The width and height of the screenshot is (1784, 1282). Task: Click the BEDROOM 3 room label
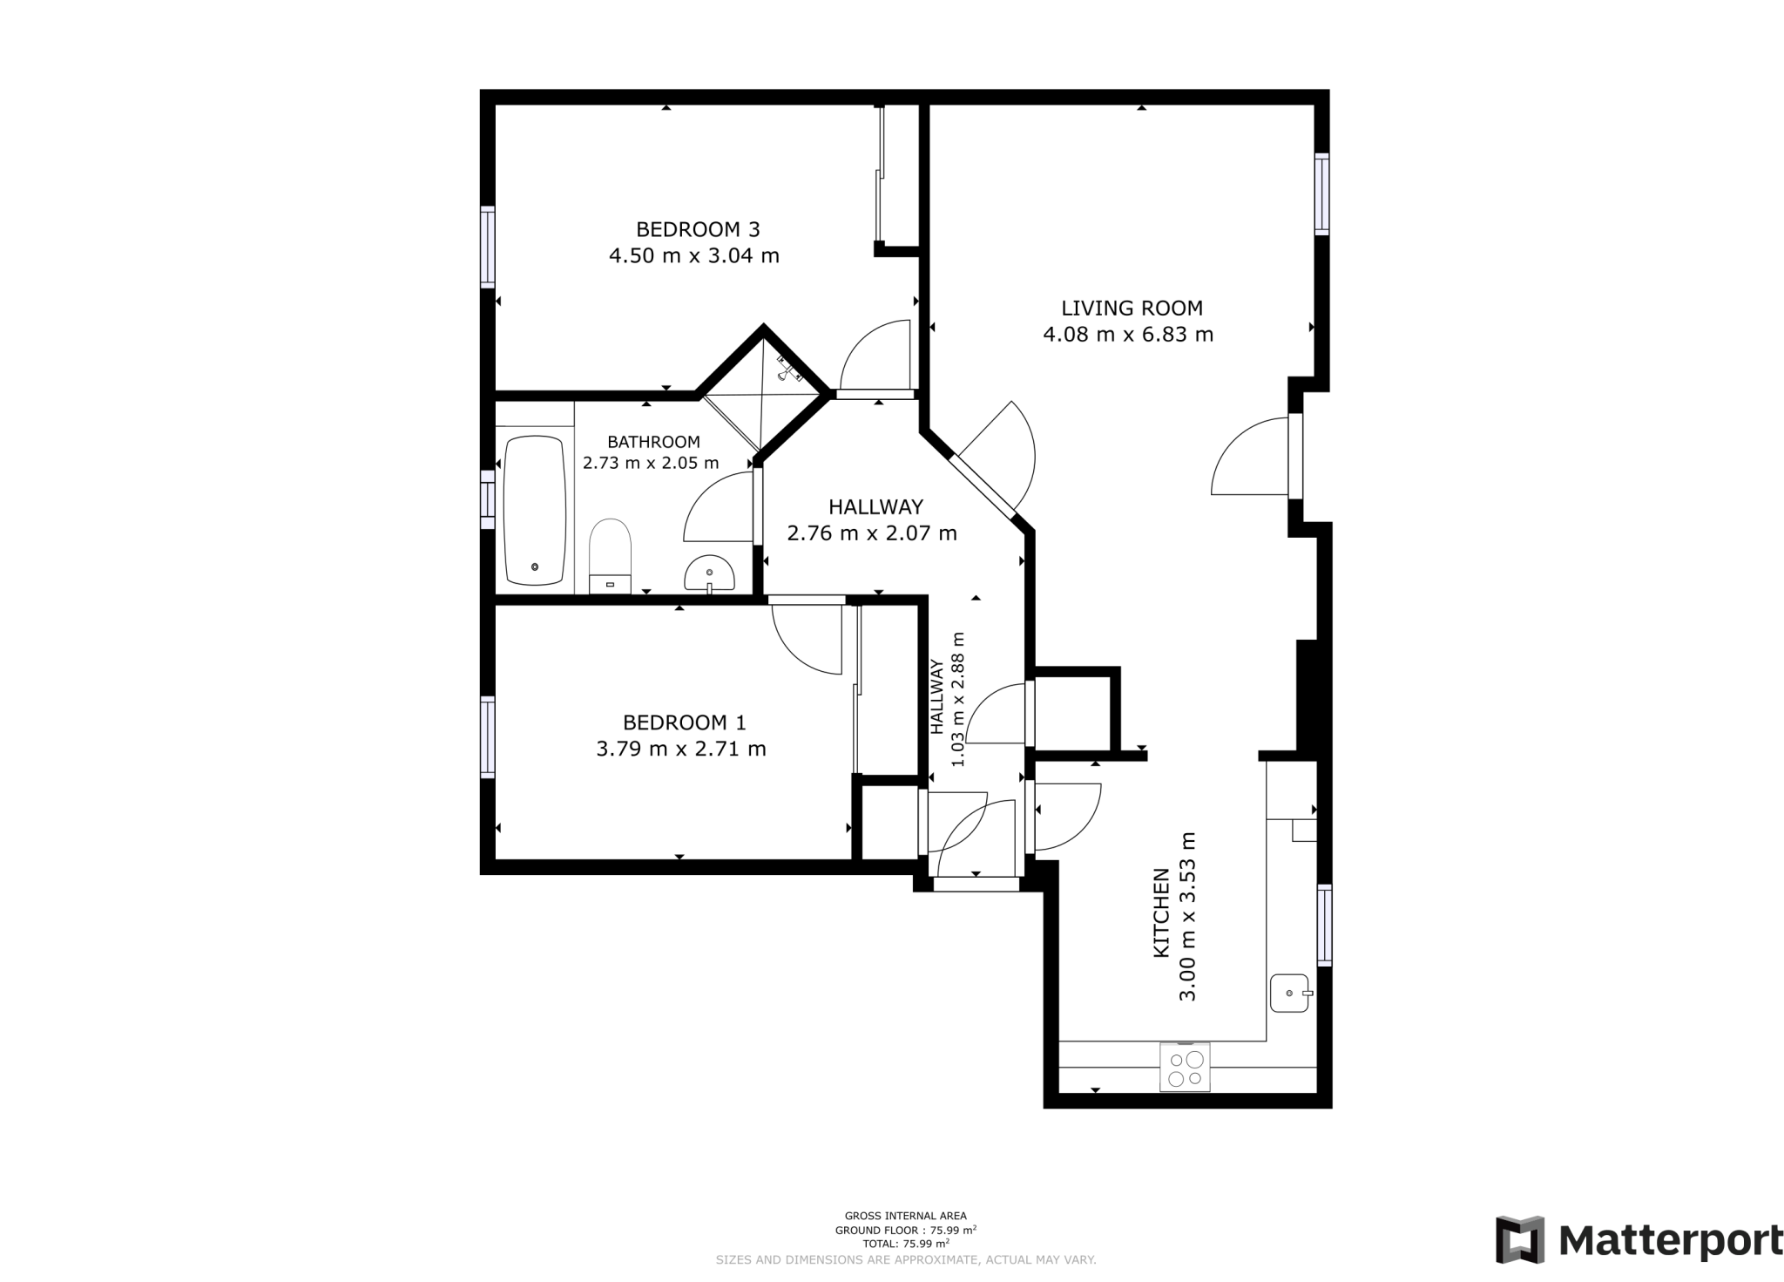point(698,229)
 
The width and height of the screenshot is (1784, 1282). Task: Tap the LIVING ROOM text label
point(1132,308)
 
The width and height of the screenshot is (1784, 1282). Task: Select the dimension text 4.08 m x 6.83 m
point(1128,335)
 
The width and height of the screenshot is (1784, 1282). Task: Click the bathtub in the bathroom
point(534,511)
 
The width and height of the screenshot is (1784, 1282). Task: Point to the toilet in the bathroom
point(610,555)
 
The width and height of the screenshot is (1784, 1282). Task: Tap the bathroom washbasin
point(709,574)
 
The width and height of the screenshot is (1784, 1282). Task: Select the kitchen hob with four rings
point(1185,1068)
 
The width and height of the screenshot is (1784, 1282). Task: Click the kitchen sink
point(1290,993)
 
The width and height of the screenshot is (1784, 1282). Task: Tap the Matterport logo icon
point(1520,1239)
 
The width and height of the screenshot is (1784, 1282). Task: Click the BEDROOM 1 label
point(684,722)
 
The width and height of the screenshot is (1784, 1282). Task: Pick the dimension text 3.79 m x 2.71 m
point(681,749)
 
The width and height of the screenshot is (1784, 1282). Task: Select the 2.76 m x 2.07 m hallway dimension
point(872,533)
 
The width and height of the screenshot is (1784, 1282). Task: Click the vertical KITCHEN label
point(1161,912)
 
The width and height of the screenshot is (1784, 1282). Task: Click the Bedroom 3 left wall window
point(488,247)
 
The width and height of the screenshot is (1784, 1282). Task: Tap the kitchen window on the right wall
point(1324,925)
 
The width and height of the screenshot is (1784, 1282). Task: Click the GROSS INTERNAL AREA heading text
point(905,1216)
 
